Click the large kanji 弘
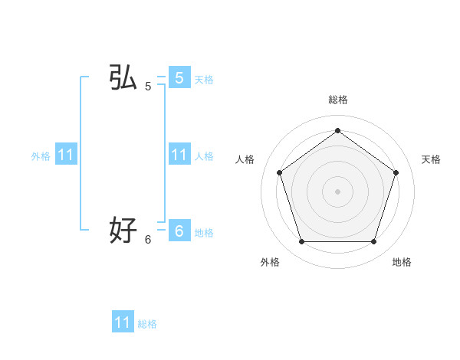123,78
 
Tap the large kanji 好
123,229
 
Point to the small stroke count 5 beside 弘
148,87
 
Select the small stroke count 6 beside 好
148,239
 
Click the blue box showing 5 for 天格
179,78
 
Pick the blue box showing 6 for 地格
179,230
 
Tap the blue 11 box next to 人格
179,154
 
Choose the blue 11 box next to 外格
66,155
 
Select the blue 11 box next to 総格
123,322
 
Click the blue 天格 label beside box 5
204,80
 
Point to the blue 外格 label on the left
41,156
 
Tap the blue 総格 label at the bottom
147,324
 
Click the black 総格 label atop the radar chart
337,100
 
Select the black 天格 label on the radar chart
431,159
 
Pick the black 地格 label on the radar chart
402,262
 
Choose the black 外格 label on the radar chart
270,262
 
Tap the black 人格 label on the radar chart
245,159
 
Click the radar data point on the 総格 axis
337,131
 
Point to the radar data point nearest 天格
396,172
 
